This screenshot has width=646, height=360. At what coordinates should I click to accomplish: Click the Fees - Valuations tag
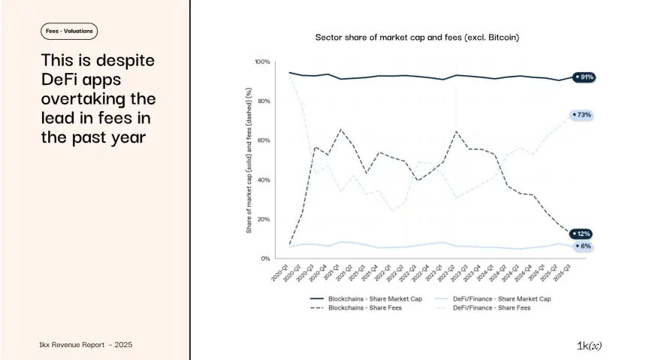click(x=69, y=31)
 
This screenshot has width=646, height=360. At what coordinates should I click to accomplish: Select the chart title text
click(x=417, y=37)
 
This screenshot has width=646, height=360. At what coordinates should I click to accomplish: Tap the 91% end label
click(x=584, y=77)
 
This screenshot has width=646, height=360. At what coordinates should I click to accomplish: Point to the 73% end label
click(x=582, y=115)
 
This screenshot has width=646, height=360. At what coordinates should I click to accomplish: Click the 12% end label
click(x=582, y=234)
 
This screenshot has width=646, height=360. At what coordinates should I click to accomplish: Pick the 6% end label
click(x=584, y=246)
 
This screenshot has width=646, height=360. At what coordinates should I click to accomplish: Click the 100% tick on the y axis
click(x=262, y=62)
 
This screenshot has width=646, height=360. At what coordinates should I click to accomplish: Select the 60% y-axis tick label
click(x=263, y=141)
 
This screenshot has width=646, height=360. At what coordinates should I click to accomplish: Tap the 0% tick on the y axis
click(x=265, y=259)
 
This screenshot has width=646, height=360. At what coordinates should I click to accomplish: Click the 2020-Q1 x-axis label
click(x=281, y=272)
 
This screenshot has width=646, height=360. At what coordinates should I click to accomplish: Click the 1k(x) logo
click(x=589, y=345)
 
